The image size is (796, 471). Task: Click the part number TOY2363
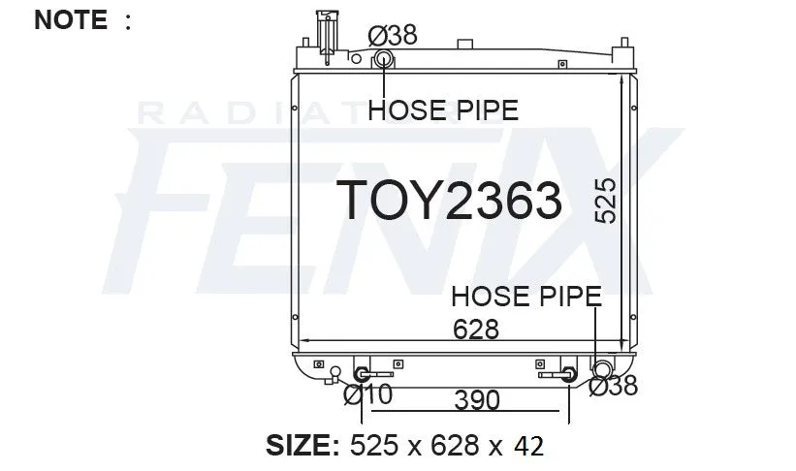(449, 200)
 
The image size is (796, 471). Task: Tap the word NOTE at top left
(71, 19)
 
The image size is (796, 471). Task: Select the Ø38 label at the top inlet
(393, 35)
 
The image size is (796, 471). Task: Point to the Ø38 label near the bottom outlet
(614, 386)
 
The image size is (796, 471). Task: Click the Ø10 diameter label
(368, 394)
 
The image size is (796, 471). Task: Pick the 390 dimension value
(477, 400)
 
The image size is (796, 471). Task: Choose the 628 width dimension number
(476, 329)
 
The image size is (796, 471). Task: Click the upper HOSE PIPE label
(443, 110)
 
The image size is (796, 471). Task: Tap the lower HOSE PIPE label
(526, 296)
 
